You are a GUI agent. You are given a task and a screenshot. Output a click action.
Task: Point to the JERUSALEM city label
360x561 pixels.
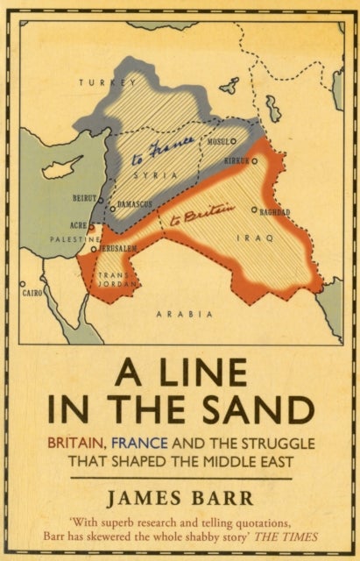pos(118,249)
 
